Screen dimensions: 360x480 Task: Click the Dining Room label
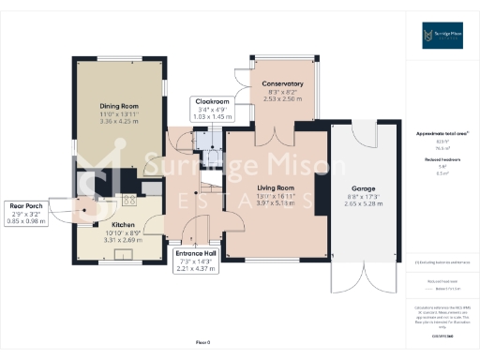119,106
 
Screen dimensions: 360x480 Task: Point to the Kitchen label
125,226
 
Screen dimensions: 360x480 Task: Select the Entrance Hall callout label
197,253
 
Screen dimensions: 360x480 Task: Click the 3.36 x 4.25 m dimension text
119,121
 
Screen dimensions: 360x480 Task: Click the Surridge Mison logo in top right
442,38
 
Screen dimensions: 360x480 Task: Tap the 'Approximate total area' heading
442,133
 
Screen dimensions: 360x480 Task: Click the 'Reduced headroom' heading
442,160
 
